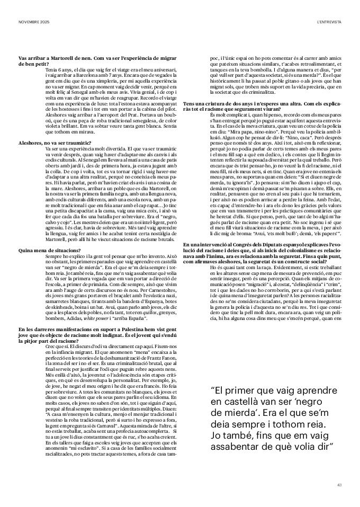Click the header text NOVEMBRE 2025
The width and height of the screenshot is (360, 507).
(x=31, y=21)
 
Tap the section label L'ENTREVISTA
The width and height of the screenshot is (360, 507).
(x=329, y=21)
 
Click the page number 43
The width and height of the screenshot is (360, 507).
(x=339, y=484)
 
